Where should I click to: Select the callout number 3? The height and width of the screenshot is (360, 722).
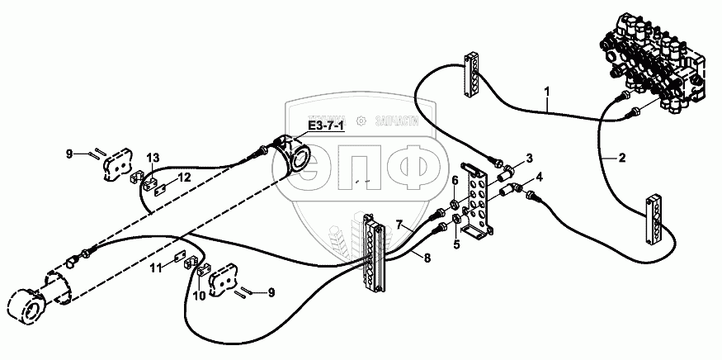(528, 158)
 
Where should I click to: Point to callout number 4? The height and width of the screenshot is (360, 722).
(539, 176)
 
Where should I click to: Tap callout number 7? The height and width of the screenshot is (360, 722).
(399, 225)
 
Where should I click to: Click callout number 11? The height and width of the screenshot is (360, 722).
(154, 267)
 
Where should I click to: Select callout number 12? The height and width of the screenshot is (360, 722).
(185, 177)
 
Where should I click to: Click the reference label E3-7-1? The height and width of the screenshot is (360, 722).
(327, 126)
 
